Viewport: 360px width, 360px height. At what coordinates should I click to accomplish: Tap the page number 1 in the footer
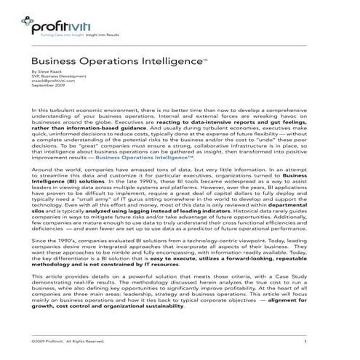pyautogui.click(x=306, y=341)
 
